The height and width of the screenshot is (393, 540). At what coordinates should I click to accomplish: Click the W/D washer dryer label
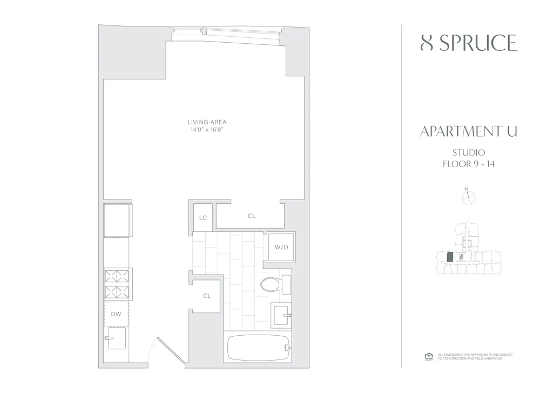281,248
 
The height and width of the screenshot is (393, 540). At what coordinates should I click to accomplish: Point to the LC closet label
203,218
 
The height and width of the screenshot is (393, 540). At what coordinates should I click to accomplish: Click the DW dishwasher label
116,314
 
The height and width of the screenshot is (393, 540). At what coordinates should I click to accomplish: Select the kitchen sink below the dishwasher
116,339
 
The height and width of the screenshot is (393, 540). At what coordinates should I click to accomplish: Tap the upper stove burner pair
117,276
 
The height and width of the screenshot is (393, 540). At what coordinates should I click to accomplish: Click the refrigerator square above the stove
117,220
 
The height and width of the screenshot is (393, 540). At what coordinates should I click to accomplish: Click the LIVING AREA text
207,122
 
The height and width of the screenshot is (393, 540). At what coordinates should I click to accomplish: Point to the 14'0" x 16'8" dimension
207,130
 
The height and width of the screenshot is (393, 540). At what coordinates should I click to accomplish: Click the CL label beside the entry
207,296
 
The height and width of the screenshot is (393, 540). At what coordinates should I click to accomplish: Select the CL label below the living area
252,216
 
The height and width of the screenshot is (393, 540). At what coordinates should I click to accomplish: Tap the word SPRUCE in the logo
478,44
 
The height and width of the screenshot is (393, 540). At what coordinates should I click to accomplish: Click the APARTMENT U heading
468,132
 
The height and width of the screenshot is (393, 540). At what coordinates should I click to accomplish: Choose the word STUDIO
468,152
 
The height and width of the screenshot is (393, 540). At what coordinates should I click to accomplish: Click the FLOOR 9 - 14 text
468,163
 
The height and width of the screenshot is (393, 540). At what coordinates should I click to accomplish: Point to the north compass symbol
468,197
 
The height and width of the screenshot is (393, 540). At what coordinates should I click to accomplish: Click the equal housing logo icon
429,356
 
